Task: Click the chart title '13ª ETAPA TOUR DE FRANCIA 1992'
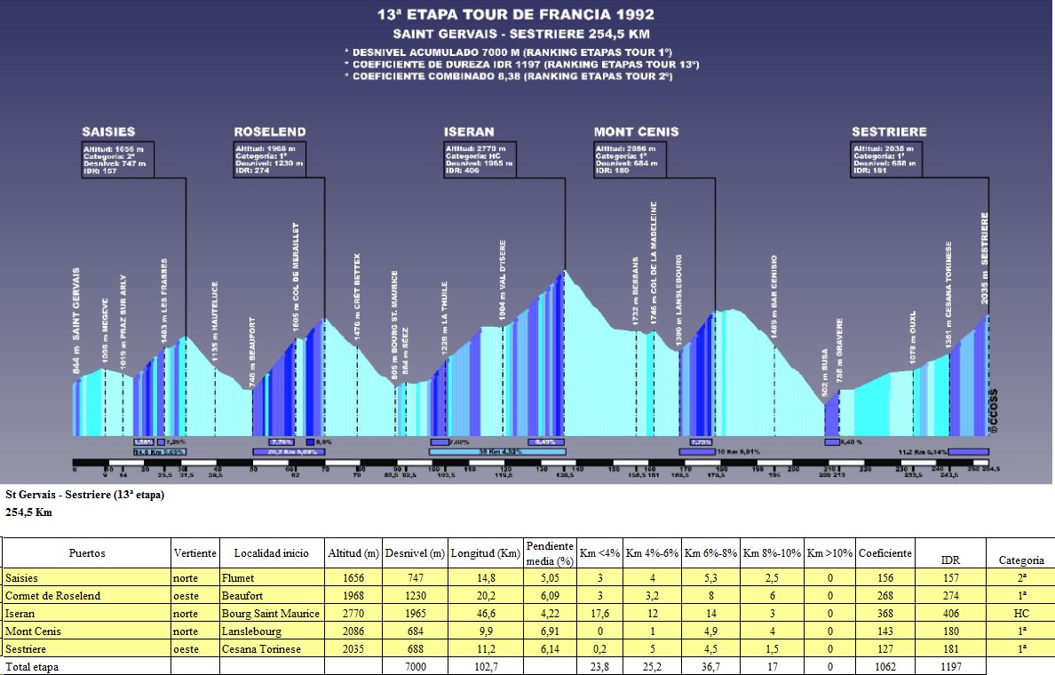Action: (527, 14)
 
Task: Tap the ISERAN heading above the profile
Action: (469, 131)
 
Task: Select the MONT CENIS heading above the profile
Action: (636, 131)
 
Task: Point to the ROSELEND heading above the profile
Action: (270, 131)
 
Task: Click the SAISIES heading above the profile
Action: (109, 131)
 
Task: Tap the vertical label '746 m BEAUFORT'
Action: (253, 351)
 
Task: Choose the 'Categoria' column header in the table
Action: (1021, 560)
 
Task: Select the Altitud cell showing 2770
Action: (353, 614)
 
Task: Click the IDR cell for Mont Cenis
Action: (951, 631)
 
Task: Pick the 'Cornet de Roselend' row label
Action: (52, 596)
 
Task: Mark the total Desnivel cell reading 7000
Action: (414, 666)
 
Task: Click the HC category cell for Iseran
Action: (1021, 614)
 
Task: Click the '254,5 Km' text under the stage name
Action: (28, 512)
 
